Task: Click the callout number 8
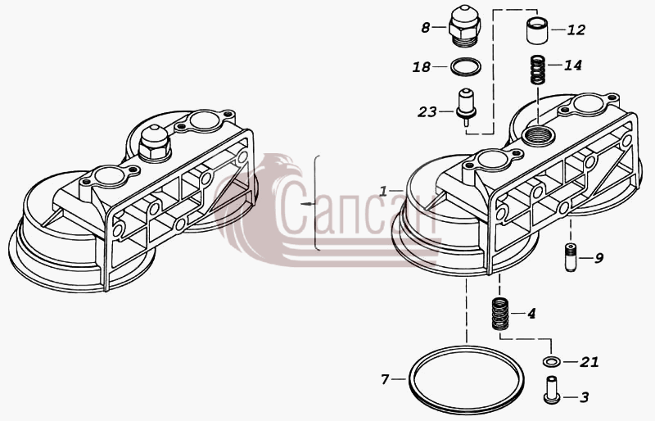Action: point(425,28)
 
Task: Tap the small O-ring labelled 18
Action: point(466,66)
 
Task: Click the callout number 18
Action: point(422,67)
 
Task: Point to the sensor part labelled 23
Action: point(466,106)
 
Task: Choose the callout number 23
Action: point(427,112)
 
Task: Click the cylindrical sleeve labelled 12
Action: point(537,30)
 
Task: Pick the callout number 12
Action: point(576,30)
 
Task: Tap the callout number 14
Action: point(572,66)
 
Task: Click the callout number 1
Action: point(383,192)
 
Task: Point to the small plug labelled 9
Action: point(571,257)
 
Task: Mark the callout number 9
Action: point(599,258)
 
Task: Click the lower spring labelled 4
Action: point(499,313)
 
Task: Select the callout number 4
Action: point(531,314)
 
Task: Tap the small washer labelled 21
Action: point(551,361)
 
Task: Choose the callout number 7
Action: point(385,379)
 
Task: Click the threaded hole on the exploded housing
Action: point(538,135)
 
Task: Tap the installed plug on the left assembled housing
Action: point(154,143)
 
